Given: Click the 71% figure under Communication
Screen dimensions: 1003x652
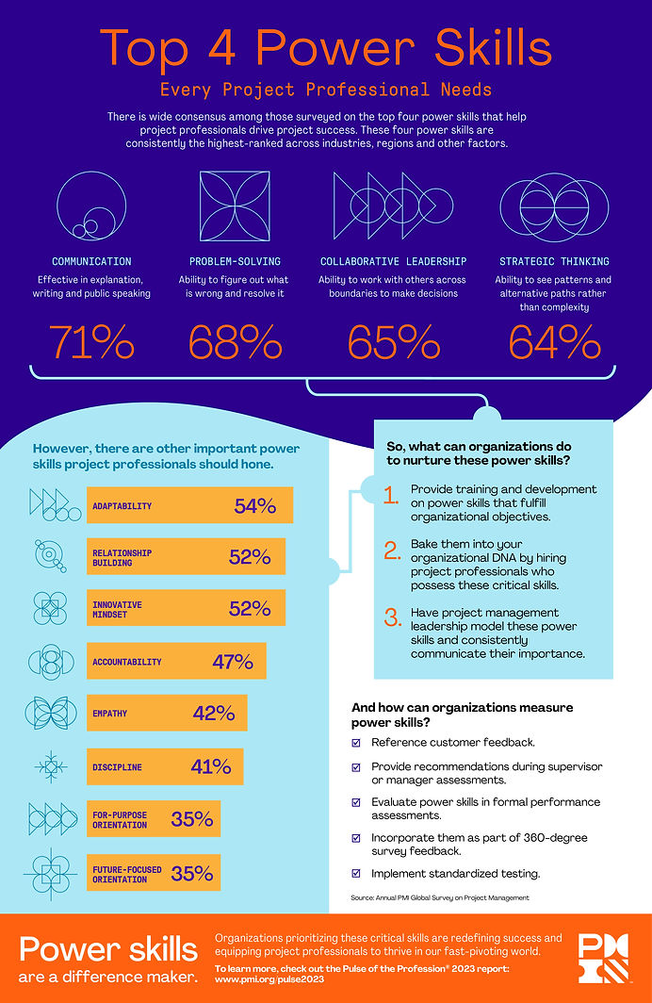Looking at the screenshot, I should [x=91, y=341].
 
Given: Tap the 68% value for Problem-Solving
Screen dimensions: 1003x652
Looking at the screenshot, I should [x=235, y=341].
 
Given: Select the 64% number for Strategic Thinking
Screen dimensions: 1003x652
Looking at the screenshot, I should [x=553, y=341].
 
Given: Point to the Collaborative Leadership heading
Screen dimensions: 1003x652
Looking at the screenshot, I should [x=393, y=261].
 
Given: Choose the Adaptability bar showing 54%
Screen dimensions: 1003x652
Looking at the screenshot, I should [x=189, y=506].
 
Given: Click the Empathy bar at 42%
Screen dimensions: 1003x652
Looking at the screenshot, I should [x=167, y=713].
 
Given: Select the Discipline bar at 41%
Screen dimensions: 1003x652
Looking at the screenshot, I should [x=165, y=766].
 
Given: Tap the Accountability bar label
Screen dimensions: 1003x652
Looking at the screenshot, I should [x=127, y=662].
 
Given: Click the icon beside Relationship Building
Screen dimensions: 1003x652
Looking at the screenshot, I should [x=52, y=555].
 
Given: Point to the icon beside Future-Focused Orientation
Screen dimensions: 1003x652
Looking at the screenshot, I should [x=52, y=873].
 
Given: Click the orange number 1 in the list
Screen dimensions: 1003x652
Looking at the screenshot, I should [x=392, y=497].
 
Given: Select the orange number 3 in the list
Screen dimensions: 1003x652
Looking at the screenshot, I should [x=392, y=619].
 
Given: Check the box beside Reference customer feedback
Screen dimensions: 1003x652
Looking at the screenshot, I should [x=356, y=742].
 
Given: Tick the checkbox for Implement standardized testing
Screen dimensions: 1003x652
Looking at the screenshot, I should [x=356, y=873].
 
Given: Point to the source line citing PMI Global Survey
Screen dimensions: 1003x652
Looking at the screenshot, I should [x=440, y=898].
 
